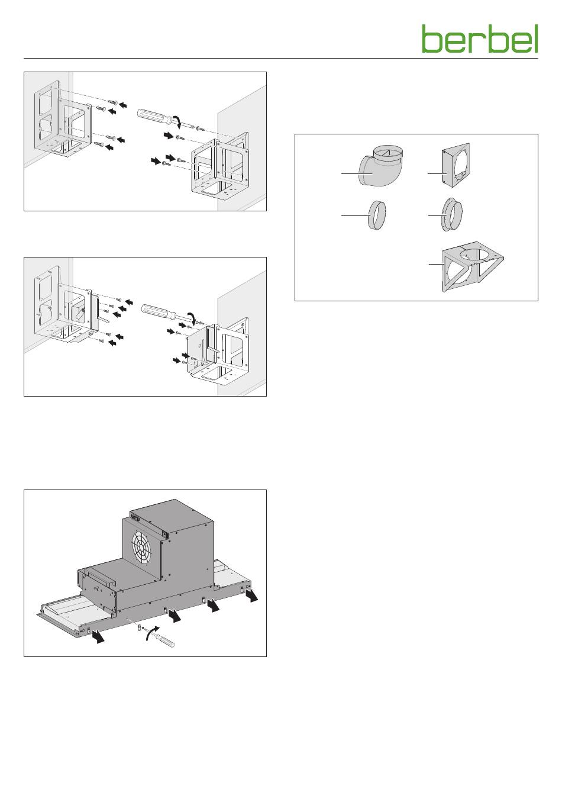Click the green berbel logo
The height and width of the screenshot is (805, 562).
[x=480, y=39]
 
